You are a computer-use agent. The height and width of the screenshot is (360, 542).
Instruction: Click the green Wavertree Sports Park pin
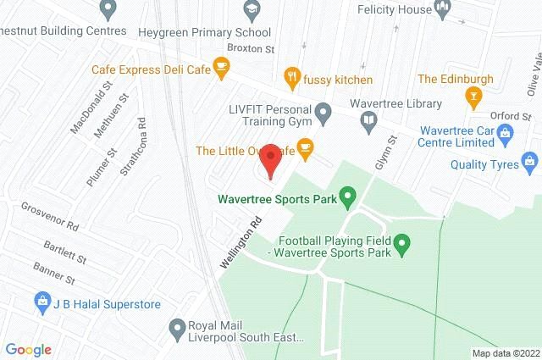coord(347,200)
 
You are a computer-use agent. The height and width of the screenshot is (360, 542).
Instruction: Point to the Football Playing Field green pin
coord(403,246)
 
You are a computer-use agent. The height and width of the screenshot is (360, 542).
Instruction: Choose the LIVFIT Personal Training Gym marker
coord(323,112)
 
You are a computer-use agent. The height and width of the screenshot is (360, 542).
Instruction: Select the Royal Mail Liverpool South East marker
coord(177,327)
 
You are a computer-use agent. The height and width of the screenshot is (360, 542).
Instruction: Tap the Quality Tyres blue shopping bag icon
coord(529,159)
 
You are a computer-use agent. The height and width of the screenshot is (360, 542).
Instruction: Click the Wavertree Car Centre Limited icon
coord(505,132)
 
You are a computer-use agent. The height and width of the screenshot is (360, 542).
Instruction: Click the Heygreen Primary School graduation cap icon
coord(250,11)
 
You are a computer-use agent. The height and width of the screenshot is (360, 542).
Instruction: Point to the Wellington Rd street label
coord(241,242)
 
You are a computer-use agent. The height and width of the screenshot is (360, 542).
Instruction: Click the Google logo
coord(28,349)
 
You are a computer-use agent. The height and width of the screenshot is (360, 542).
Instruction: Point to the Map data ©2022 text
coord(504,353)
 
